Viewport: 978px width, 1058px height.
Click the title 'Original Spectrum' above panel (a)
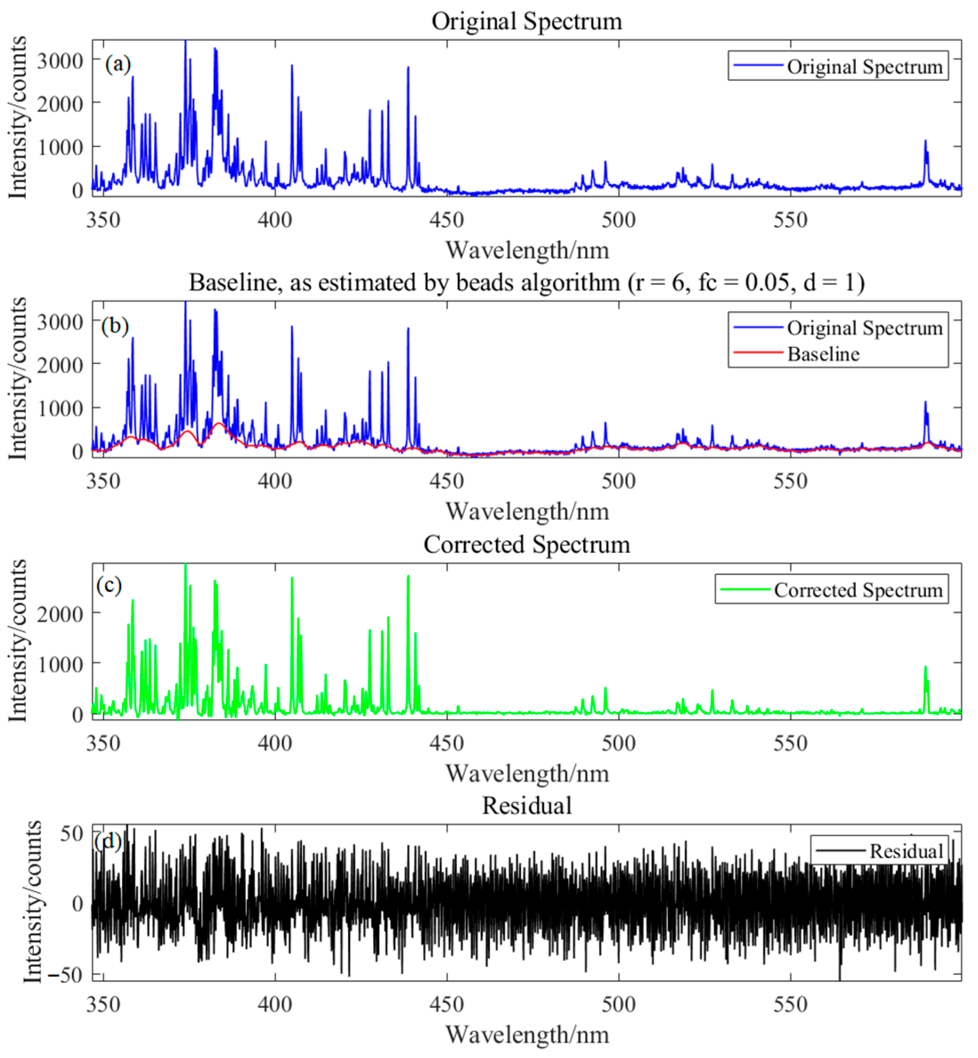tap(527, 22)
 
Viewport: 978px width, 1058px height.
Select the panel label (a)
tap(118, 64)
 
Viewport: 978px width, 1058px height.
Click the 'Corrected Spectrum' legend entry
tap(857, 590)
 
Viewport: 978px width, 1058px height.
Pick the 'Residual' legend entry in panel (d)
tap(906, 851)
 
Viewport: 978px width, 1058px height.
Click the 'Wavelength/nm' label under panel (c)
tap(527, 773)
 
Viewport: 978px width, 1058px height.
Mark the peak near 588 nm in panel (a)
tap(925, 142)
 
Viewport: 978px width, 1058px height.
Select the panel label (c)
tap(109, 585)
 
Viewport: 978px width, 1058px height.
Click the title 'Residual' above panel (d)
tap(527, 806)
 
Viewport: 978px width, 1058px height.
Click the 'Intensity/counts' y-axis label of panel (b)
tap(17, 378)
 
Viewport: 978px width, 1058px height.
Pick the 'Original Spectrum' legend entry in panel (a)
tap(864, 67)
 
